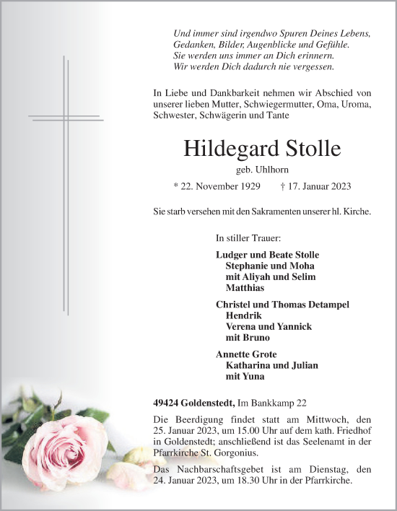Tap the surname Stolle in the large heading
tap(309, 149)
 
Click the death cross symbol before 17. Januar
tap(282, 186)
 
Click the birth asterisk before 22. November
tap(177, 186)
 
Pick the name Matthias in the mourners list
tap(245, 287)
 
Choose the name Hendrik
tap(244, 315)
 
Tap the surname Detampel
tap(326, 305)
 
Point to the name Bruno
tap(258, 337)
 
